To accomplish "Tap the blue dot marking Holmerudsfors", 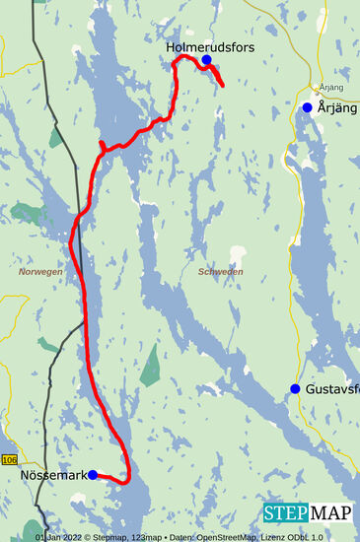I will (207, 60).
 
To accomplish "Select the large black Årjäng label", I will (336, 107).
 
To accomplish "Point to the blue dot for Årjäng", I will (308, 107).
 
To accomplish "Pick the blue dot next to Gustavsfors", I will (295, 389).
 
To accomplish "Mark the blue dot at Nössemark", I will (93, 474).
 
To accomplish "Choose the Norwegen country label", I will (40, 271).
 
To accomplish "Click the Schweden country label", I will (220, 271).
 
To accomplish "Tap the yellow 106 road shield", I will (10, 460).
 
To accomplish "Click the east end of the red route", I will (222, 85).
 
